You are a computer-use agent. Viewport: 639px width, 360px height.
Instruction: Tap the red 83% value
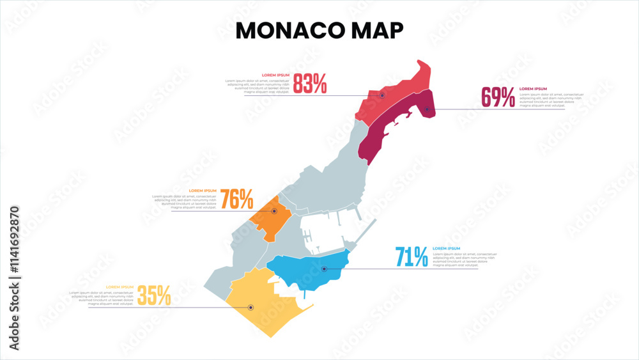(x=310, y=83)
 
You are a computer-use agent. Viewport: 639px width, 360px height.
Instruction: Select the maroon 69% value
(x=498, y=97)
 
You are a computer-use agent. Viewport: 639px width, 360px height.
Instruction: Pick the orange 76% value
(x=237, y=200)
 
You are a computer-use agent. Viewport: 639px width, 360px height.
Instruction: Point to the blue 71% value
(x=412, y=257)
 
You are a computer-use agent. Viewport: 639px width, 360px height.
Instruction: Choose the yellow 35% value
(x=154, y=295)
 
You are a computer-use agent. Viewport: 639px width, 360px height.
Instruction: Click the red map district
(x=396, y=90)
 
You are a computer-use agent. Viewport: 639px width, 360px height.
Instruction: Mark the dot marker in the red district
(x=382, y=95)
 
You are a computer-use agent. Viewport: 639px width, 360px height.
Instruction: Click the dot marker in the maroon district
(x=427, y=109)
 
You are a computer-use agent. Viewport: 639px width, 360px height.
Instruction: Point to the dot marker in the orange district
(x=274, y=210)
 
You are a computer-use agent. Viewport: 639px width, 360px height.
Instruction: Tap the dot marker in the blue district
(x=324, y=269)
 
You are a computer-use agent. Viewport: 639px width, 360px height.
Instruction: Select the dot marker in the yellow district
(x=250, y=307)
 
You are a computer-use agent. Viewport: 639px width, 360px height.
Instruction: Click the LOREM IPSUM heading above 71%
(x=446, y=248)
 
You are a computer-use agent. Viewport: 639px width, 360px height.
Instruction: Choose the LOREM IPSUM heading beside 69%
(x=533, y=89)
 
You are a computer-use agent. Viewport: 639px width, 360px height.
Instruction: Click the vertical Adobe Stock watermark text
(x=15, y=278)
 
